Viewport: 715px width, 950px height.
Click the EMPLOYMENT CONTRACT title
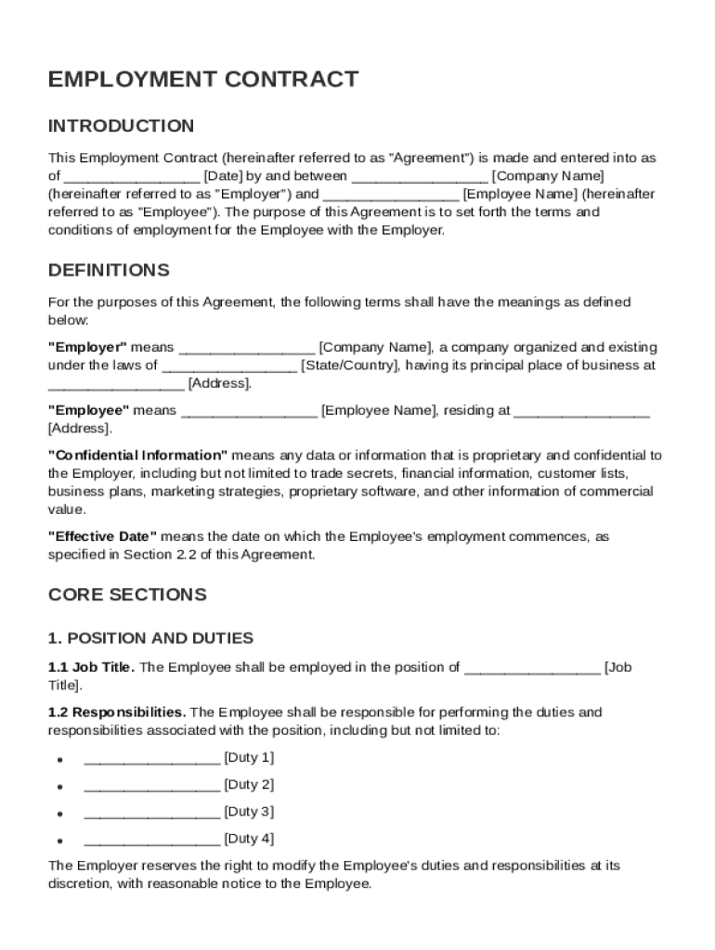[x=203, y=79]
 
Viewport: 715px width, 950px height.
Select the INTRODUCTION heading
[x=121, y=126]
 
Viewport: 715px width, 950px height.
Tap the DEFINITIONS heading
[x=109, y=271]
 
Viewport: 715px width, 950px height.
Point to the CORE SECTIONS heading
[x=127, y=595]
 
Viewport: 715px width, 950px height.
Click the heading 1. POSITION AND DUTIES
[x=150, y=639]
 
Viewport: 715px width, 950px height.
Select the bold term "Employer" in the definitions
[x=87, y=348]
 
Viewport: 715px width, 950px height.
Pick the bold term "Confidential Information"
[x=137, y=456]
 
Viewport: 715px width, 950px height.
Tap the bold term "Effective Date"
[x=102, y=537]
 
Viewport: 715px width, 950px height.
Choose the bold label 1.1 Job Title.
[x=91, y=667]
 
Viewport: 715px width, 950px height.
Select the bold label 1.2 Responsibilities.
[x=117, y=712]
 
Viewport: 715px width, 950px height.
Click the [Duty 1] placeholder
[x=248, y=758]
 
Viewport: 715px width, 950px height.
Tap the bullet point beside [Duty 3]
[x=58, y=814]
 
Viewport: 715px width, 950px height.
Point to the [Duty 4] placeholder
[x=248, y=840]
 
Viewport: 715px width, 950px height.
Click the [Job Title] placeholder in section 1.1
[x=617, y=667]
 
